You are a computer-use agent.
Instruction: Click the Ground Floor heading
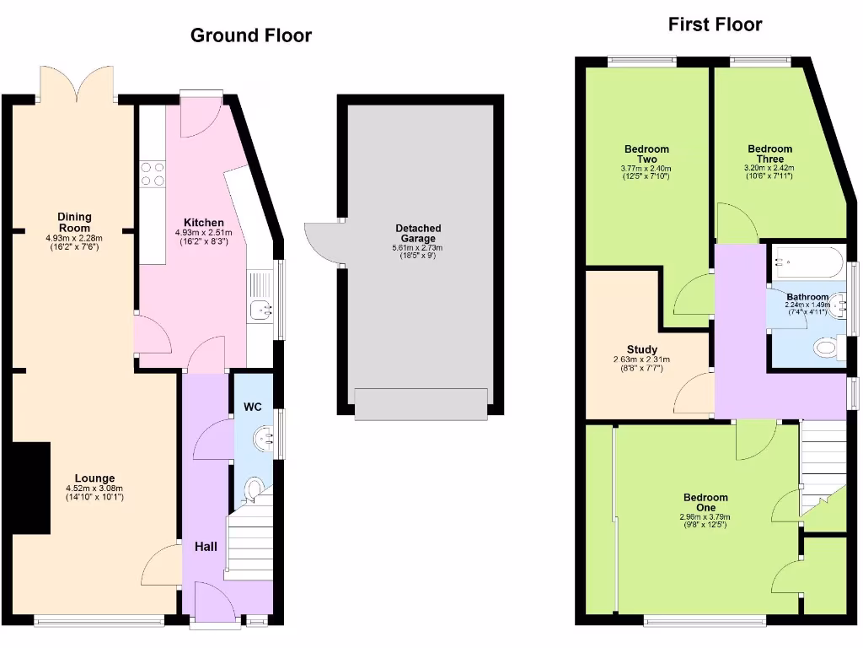tap(250, 35)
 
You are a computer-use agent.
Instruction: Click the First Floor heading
tap(715, 24)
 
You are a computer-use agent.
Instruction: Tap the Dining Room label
tap(74, 223)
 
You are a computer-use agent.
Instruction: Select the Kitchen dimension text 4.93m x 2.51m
tap(203, 234)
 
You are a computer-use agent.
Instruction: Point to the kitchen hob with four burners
tap(153, 174)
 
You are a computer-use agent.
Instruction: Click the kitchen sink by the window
tap(260, 310)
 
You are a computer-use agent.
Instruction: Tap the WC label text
tap(253, 408)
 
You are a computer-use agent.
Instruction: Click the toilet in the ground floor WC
tap(253, 488)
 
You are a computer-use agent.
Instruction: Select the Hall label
tap(206, 547)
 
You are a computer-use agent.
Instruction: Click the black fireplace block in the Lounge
tap(31, 489)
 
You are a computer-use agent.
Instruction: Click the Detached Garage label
tap(418, 234)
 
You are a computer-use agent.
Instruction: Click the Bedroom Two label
tap(646, 154)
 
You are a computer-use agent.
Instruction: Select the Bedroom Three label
tap(769, 154)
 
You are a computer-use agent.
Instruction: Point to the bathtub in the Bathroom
tap(808, 262)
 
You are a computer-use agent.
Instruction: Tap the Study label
tap(642, 349)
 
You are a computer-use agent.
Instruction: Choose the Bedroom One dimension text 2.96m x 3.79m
tap(705, 517)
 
